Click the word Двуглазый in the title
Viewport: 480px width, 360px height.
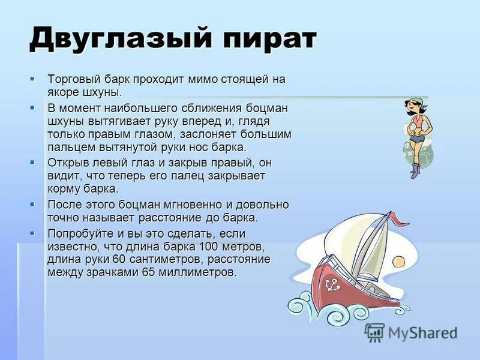(121, 40)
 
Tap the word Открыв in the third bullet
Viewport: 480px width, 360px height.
(67, 163)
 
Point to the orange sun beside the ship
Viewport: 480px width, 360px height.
(398, 262)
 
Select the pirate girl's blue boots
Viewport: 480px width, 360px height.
(415, 171)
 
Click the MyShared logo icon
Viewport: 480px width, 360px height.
(374, 332)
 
